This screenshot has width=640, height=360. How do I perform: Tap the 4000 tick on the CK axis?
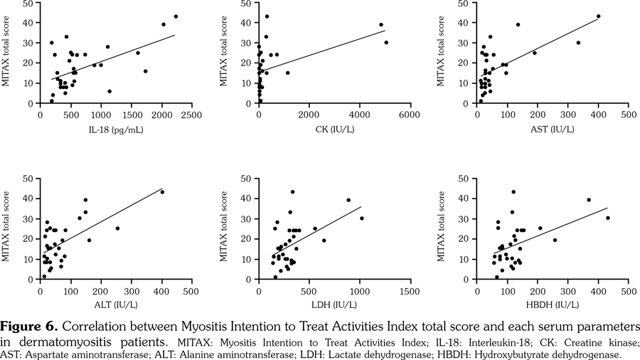pyautogui.click(x=359, y=115)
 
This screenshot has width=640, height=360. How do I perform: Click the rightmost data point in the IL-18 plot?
pyautogui.click(x=176, y=16)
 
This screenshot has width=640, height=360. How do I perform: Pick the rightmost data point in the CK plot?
pyautogui.click(x=386, y=43)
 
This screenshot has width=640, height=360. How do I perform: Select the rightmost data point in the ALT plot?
pyautogui.click(x=162, y=192)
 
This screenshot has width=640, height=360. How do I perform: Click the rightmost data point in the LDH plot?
pyautogui.click(x=361, y=218)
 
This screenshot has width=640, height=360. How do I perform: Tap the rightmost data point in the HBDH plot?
pyautogui.click(x=608, y=218)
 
